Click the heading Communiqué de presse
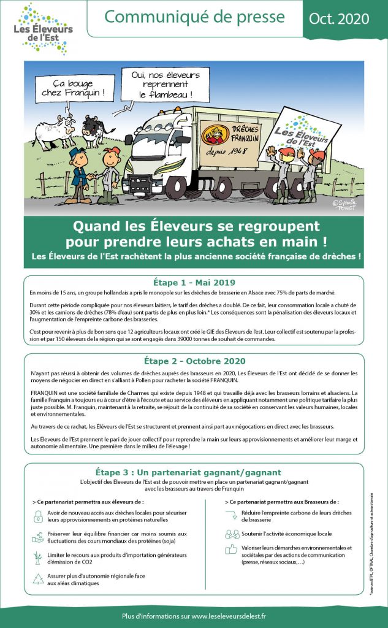tap(194, 17)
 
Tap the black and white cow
tap(97, 130)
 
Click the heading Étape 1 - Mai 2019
tap(194, 282)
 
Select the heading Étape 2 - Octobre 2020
tap(194, 361)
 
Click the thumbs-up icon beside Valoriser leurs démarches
tap(231, 548)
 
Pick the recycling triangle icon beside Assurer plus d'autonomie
tap(38, 578)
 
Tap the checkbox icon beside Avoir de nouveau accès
tap(38, 515)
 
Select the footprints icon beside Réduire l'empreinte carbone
tap(231, 515)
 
